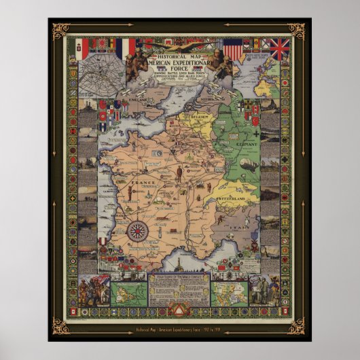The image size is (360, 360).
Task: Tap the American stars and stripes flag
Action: pos(233,49)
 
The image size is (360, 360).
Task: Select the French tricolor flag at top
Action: pos(126,48)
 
